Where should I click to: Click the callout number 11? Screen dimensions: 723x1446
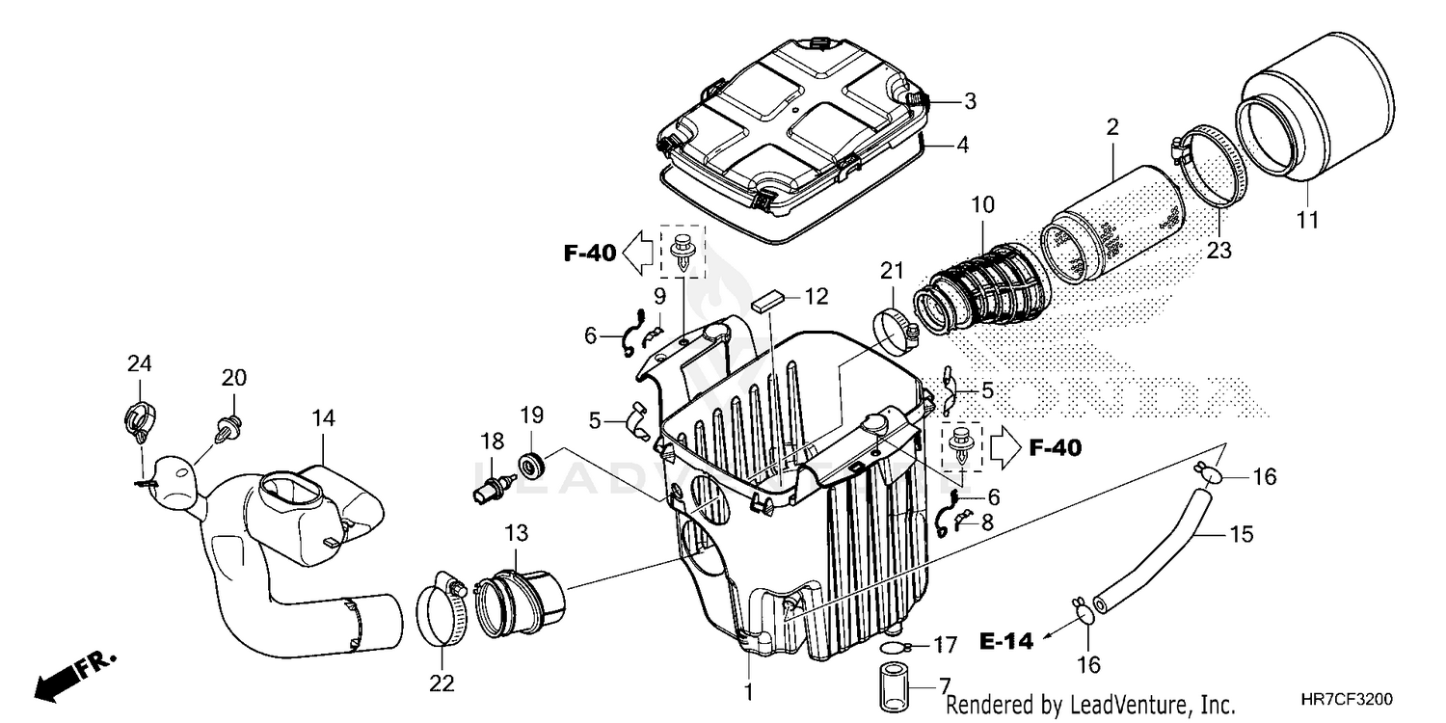tap(1306, 221)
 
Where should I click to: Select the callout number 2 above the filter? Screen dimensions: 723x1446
tap(1111, 126)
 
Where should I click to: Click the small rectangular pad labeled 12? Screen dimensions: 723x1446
tap(766, 300)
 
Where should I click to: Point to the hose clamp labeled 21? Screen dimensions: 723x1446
tap(897, 330)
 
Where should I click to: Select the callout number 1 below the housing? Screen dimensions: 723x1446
tap(749, 691)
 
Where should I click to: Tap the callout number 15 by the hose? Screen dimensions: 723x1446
tap(1242, 533)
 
